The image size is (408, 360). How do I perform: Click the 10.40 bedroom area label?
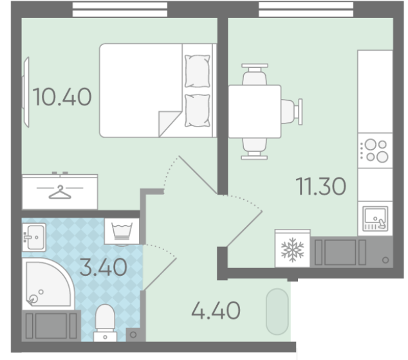(x=62, y=97)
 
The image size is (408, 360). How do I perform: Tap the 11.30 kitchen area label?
(x=321, y=186)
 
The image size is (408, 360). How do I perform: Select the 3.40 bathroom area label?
(x=104, y=267)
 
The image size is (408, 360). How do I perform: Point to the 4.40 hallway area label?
(x=216, y=310)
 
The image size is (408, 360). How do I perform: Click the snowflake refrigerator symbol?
(x=293, y=249)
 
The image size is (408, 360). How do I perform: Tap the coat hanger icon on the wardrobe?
(x=60, y=192)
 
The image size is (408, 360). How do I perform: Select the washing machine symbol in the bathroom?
(x=122, y=231)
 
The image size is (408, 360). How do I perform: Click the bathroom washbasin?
(x=34, y=237)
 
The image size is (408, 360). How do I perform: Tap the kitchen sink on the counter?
(x=375, y=219)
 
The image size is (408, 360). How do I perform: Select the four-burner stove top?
(x=375, y=151)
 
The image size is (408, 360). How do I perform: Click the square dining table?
(x=255, y=111)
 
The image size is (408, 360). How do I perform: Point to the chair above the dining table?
(x=255, y=75)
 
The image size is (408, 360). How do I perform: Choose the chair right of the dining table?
(x=292, y=112)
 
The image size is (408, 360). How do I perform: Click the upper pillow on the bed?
(x=198, y=71)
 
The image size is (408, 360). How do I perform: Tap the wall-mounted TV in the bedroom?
(x=26, y=93)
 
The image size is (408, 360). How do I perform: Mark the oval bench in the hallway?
(x=277, y=311)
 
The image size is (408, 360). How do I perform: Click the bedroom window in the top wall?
(x=120, y=10)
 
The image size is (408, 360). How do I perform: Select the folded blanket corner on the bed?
(x=170, y=124)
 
